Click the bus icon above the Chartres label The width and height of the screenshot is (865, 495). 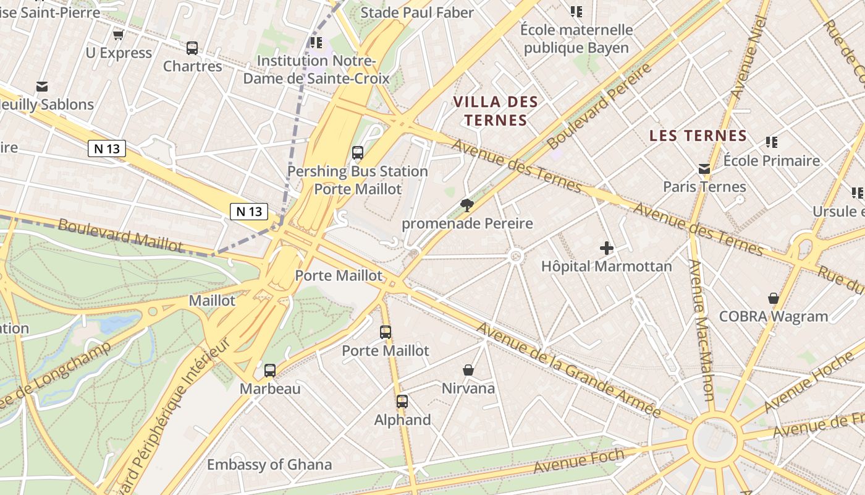tap(192, 48)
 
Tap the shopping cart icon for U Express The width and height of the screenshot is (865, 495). tap(119, 35)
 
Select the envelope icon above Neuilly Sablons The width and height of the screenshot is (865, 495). tap(42, 86)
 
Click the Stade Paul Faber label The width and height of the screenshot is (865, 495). tap(417, 12)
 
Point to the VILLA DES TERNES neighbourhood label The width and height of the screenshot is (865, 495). tap(496, 111)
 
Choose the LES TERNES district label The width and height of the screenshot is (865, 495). tap(698, 136)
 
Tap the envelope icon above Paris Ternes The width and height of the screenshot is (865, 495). tap(704, 168)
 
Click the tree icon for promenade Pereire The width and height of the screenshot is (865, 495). tap(467, 205)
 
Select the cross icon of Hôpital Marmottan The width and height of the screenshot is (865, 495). tap(607, 248)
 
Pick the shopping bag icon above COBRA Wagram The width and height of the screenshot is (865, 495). tap(773, 298)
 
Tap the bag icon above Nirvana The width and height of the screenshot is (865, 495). tap(468, 370)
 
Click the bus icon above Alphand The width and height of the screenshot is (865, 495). tap(402, 401)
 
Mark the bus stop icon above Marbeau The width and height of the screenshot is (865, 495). tap(270, 370)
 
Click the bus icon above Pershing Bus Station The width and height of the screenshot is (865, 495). tap(358, 152)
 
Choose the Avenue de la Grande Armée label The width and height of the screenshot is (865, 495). tap(568, 370)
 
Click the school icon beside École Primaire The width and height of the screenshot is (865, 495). tap(771, 142)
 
